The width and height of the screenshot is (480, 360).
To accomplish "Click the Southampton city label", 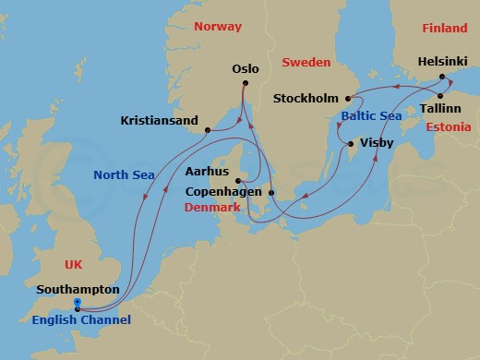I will (x=78, y=289).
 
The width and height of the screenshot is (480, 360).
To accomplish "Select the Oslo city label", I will (x=246, y=69).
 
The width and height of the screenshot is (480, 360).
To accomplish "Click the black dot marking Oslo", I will (x=246, y=84).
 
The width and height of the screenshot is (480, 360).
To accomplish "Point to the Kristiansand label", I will (x=160, y=121).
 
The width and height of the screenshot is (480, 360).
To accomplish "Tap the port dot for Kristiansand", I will (x=208, y=130).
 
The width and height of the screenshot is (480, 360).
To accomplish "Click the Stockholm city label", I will (x=306, y=99).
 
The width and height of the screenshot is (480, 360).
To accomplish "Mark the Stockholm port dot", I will (x=348, y=99).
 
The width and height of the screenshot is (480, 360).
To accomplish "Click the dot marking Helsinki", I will (x=443, y=77).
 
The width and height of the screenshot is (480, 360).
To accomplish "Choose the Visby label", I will (x=377, y=145).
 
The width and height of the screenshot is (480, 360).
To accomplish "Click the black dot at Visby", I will (x=350, y=144).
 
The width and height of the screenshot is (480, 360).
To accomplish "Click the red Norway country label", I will (x=218, y=27).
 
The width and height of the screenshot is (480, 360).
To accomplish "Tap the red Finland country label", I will (x=445, y=29).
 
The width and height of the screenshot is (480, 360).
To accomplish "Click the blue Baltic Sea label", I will (x=372, y=117).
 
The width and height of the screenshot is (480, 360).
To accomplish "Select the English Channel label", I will (x=81, y=320).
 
